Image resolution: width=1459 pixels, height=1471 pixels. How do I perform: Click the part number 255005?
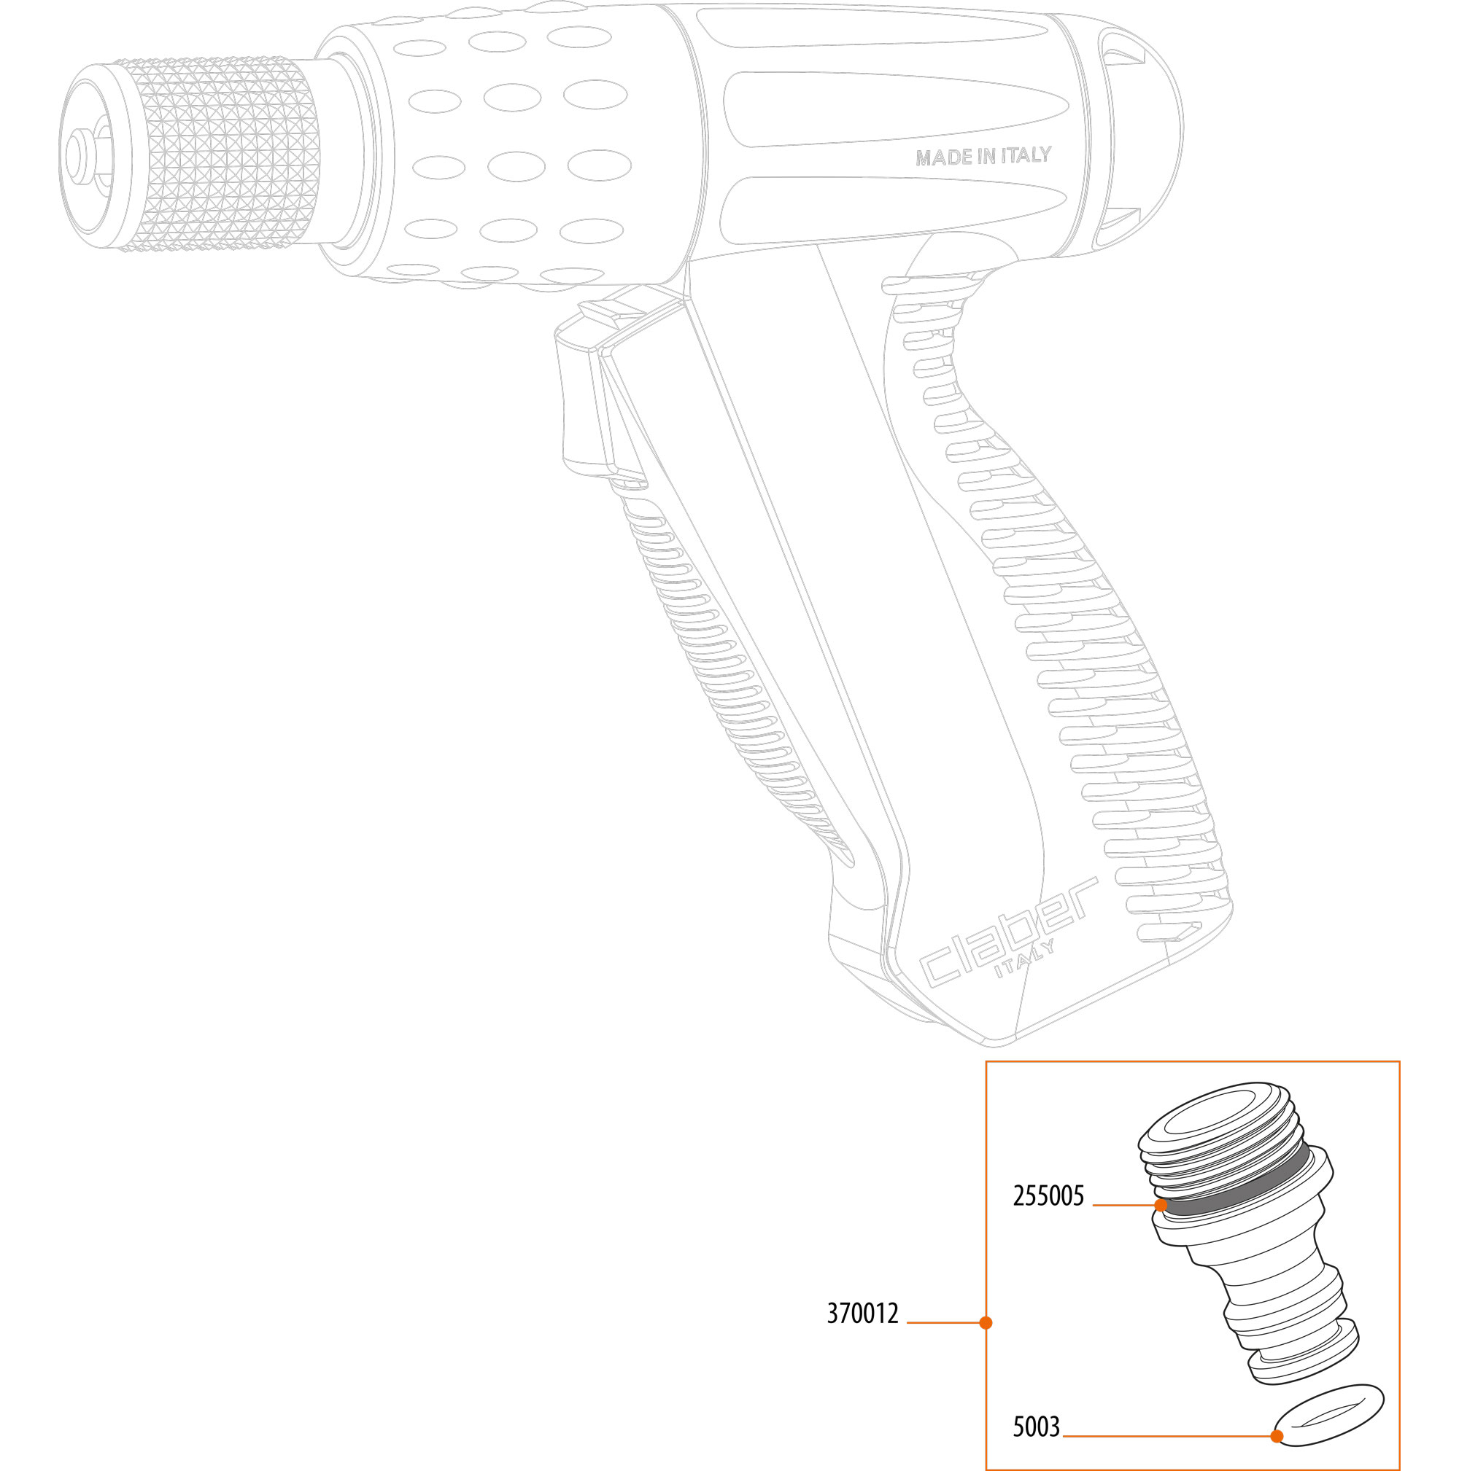[x=1048, y=1196]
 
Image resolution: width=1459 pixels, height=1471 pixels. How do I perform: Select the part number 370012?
[x=862, y=1314]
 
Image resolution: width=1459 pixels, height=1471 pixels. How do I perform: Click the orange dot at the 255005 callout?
[x=1161, y=1204]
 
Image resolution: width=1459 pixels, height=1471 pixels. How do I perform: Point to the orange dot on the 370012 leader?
[x=986, y=1322]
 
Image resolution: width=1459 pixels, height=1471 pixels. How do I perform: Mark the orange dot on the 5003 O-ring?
[x=1277, y=1436]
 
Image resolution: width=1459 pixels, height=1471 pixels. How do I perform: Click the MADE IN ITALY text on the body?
[x=983, y=156]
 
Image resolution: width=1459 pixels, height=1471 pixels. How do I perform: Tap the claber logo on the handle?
[x=1010, y=933]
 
